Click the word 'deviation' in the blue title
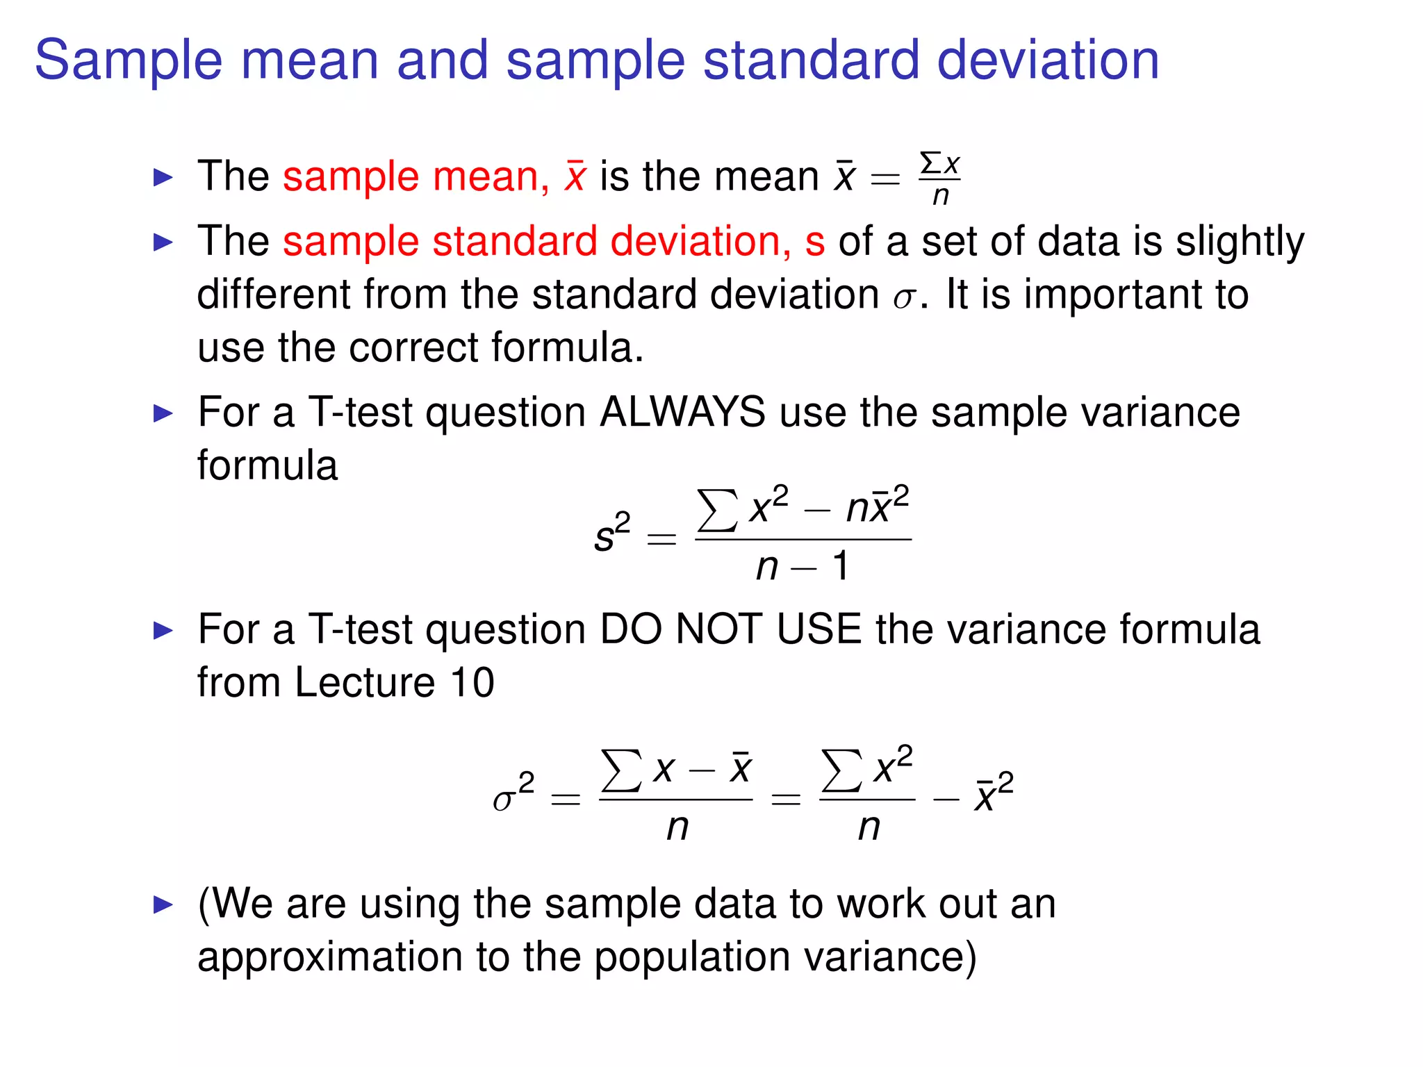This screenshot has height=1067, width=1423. pos(1048,60)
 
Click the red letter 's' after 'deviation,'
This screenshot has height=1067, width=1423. pos(814,242)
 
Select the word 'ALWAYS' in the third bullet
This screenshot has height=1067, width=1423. pos(682,412)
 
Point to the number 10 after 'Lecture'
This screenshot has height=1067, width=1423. pos(472,682)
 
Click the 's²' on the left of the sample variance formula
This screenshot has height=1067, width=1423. pos(612,533)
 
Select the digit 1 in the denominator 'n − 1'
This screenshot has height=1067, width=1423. pos(841,566)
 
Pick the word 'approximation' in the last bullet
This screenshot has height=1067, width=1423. pos(330,957)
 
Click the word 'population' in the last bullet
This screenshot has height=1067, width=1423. pos(692,957)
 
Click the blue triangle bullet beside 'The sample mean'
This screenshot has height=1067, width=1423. pos(163,178)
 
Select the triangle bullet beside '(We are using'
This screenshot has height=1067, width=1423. pos(163,904)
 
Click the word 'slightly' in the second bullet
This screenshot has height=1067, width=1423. pos(1240,242)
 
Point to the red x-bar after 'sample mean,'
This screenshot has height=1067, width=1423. pos(575,176)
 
